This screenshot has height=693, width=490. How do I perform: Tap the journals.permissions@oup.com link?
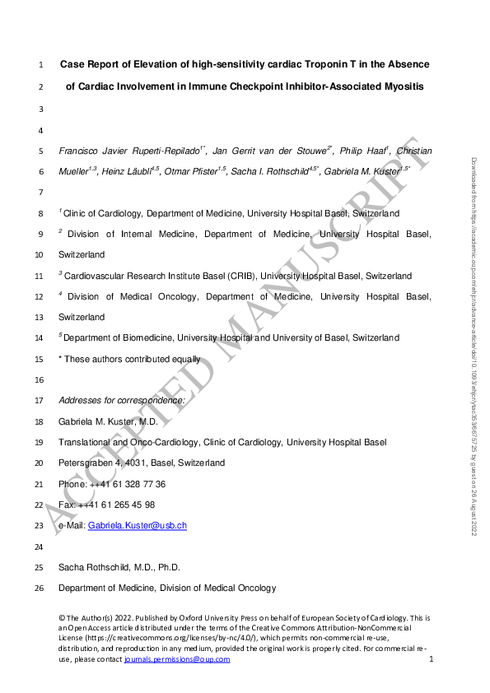click(177, 659)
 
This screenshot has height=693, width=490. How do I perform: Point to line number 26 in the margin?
click(42, 588)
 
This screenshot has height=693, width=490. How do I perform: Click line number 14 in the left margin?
click(42, 337)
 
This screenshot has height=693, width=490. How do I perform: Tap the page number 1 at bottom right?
click(431, 659)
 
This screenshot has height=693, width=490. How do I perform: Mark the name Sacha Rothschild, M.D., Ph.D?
click(119, 567)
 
